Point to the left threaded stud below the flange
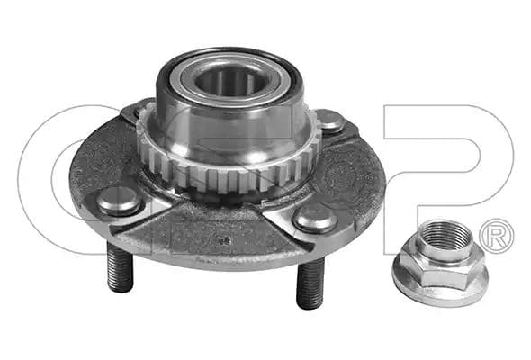point(120,267)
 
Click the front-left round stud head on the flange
point(119,201)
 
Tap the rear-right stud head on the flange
point(330,120)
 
